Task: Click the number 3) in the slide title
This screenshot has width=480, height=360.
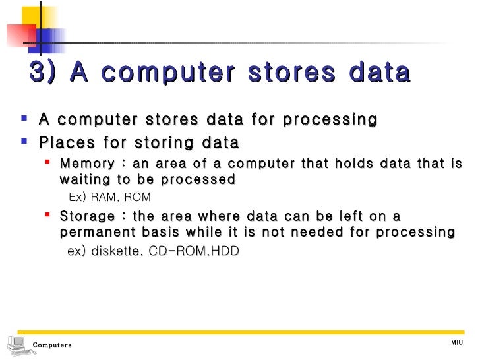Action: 44,73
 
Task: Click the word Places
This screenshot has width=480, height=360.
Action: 64,142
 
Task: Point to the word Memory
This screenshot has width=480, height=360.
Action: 83,164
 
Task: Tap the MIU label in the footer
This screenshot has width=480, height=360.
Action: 457,342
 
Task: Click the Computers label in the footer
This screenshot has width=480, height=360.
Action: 52,345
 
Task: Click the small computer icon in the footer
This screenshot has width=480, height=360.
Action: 18,344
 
